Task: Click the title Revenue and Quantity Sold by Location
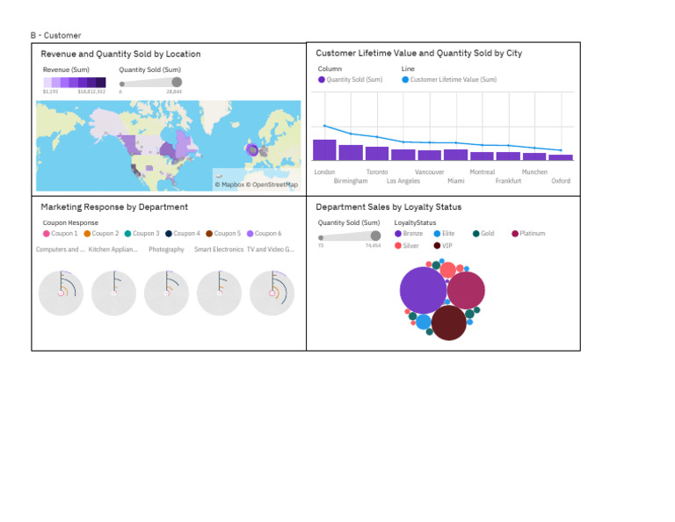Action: (x=120, y=54)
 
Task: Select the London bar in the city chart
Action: (x=324, y=149)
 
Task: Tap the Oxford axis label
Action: (x=561, y=181)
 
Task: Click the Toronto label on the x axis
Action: (x=376, y=172)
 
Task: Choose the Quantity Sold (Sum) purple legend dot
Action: (x=322, y=79)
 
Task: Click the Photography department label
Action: (x=166, y=250)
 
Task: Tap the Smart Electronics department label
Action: (x=219, y=250)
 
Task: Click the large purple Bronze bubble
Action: (x=423, y=290)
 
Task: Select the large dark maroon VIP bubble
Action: (x=448, y=323)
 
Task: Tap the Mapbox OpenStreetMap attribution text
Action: (x=257, y=185)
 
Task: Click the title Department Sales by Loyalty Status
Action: (x=388, y=207)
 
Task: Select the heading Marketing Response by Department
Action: (x=114, y=207)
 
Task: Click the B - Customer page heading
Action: (x=55, y=35)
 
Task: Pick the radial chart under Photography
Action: (x=166, y=293)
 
